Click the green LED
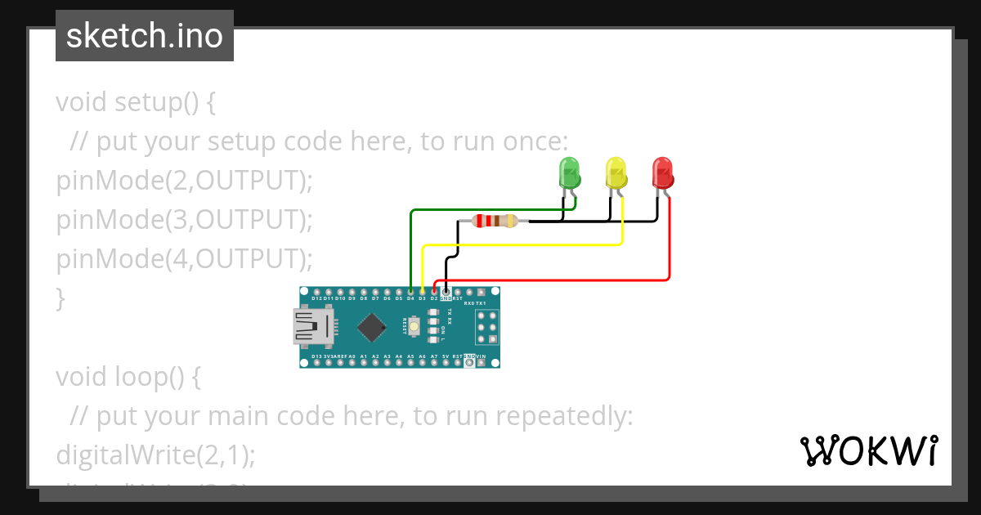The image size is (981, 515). click(569, 172)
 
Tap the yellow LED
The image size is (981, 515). click(616, 172)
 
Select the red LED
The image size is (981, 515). click(662, 172)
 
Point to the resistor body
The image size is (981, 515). click(495, 220)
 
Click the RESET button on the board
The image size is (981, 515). click(415, 327)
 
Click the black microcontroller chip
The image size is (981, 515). click(372, 327)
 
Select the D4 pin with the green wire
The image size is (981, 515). click(410, 291)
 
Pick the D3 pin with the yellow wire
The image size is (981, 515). click(422, 291)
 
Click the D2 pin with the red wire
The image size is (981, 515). click(434, 291)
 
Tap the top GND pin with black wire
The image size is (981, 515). click(446, 291)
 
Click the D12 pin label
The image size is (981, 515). click(316, 299)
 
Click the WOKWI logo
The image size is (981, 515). click(868, 451)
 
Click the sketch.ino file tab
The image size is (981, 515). click(145, 36)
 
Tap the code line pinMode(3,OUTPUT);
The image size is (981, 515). click(185, 220)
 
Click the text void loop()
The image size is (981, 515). click(128, 377)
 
